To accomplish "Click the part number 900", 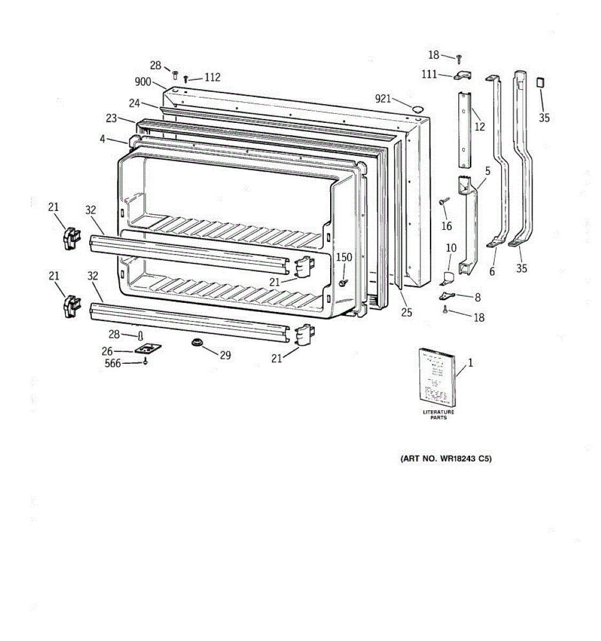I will (x=143, y=82).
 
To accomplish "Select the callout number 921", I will (x=383, y=98).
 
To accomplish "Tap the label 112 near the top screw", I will (x=212, y=77).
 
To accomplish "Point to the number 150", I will (x=344, y=257).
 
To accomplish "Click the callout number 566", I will (x=113, y=363).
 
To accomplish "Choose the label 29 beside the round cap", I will (x=225, y=355).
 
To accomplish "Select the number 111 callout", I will (x=429, y=74).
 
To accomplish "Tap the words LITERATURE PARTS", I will (x=439, y=415).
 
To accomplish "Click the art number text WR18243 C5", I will (x=446, y=458).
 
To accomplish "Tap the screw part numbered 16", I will (x=444, y=201).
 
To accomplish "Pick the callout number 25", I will (x=407, y=312).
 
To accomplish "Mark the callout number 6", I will (x=492, y=271).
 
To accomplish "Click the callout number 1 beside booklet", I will (x=470, y=363).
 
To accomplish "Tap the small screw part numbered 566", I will (x=145, y=362).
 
